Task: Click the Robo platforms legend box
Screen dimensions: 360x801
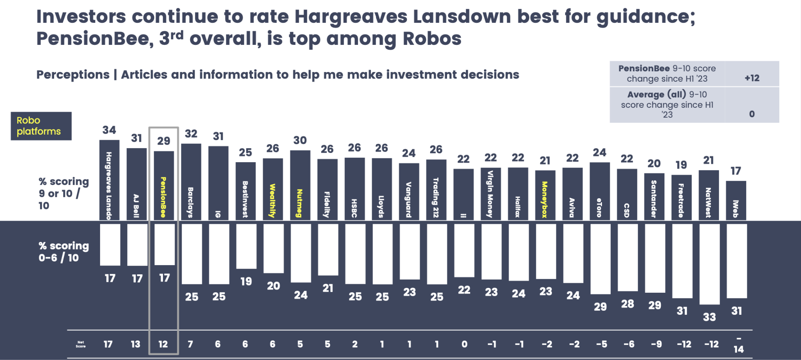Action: point(41,126)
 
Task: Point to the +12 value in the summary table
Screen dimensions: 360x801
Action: point(752,78)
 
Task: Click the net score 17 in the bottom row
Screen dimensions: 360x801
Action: point(108,344)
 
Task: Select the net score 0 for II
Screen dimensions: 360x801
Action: point(464,344)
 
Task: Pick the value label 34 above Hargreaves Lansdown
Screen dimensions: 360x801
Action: point(109,130)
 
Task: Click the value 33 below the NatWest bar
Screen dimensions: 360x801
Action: point(709,317)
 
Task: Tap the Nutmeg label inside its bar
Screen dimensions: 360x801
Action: point(300,203)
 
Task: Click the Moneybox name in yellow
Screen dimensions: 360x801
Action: point(545,199)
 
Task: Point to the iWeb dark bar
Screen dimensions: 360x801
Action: point(736,200)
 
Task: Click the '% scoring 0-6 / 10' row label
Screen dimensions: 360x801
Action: point(63,251)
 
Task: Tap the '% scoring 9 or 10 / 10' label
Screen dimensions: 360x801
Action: point(63,193)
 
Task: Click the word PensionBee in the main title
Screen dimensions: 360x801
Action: point(95,39)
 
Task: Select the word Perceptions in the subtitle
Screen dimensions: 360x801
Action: point(73,74)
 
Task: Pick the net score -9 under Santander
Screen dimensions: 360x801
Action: point(656,344)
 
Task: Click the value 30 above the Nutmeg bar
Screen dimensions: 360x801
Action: point(300,140)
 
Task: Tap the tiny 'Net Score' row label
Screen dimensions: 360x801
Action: point(81,344)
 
